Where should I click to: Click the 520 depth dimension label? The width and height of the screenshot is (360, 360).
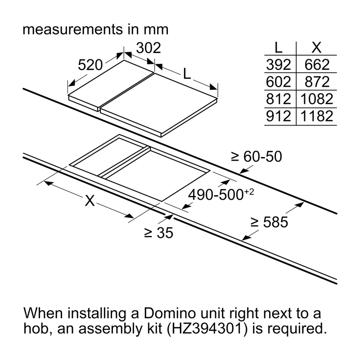90,65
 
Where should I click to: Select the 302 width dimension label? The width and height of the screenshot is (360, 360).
148,48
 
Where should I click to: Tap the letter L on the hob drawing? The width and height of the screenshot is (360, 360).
187,74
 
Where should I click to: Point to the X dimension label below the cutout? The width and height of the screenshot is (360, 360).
90,200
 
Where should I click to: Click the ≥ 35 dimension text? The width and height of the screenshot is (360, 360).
159,233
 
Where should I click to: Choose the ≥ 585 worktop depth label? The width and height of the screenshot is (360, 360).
269,222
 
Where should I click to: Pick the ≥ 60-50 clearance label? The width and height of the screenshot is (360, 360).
256,157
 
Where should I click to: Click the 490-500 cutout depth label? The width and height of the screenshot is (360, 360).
221,194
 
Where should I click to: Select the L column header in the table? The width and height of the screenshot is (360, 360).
279,48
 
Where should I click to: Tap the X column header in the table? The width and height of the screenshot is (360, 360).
316,48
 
